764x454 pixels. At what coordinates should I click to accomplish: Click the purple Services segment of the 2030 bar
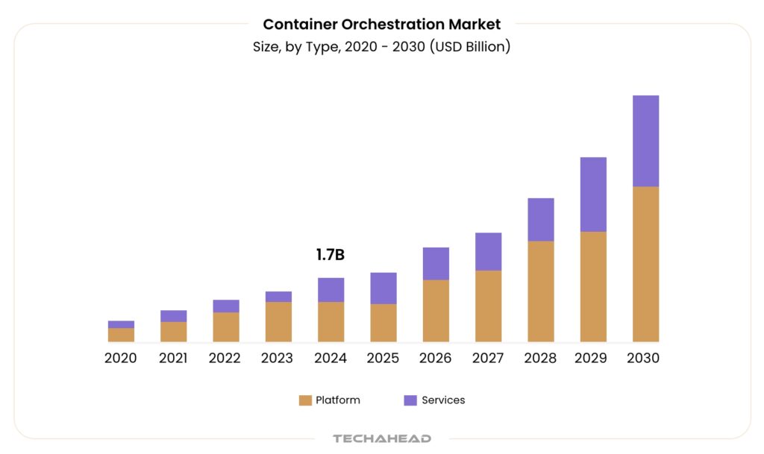click(x=645, y=141)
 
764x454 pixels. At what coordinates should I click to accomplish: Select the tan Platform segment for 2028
click(x=541, y=291)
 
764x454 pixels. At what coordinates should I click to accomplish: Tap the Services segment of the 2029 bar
click(x=593, y=195)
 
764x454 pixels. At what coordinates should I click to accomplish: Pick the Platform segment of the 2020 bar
click(x=121, y=335)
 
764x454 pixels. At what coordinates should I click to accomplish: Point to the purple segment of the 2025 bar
click(x=383, y=289)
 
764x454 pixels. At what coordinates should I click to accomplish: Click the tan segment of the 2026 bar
click(x=436, y=311)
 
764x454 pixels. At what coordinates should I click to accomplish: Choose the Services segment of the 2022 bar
click(x=226, y=306)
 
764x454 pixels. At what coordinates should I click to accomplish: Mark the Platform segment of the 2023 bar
click(x=278, y=322)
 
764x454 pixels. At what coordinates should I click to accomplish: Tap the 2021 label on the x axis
click(x=173, y=359)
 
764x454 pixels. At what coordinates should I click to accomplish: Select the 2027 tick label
click(x=488, y=359)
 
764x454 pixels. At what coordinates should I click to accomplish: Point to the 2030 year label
click(x=643, y=359)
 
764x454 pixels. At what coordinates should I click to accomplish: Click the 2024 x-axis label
click(x=331, y=359)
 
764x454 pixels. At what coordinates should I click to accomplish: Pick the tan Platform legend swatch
click(x=305, y=400)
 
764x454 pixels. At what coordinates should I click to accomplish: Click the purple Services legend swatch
click(x=410, y=400)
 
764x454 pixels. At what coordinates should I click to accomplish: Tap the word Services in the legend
click(x=443, y=400)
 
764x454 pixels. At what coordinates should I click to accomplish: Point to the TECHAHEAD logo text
click(x=382, y=438)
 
